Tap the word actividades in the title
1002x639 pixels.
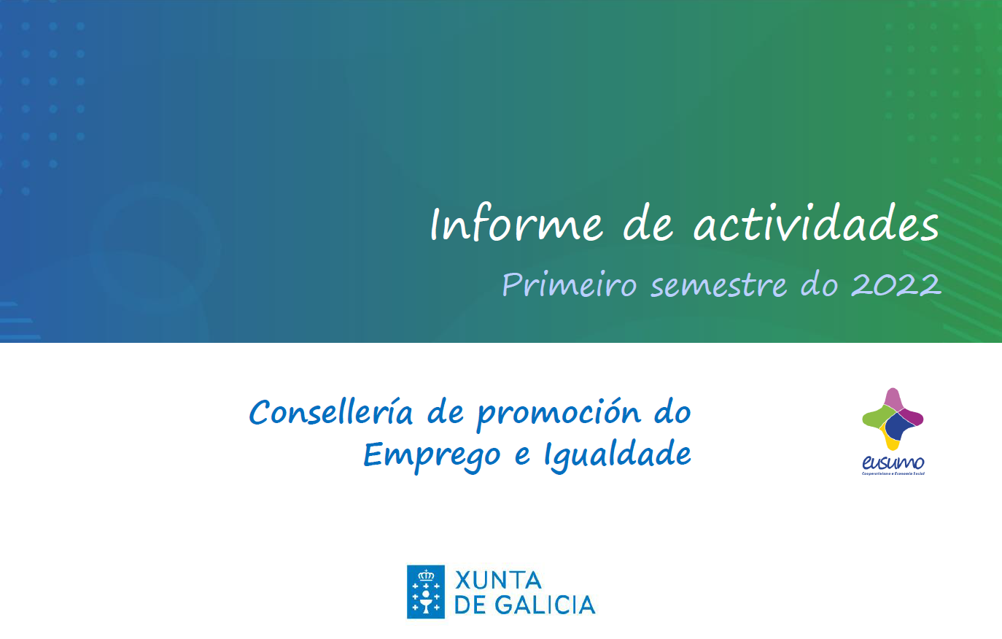pyautogui.click(x=815, y=224)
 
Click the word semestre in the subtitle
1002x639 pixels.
pyautogui.click(x=718, y=285)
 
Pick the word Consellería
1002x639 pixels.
pyautogui.click(x=331, y=412)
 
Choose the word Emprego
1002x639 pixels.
pyautogui.click(x=432, y=456)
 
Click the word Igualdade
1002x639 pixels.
pyautogui.click(x=617, y=456)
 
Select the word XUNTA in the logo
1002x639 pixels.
pyautogui.click(x=498, y=581)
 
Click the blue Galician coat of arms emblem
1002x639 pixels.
pyautogui.click(x=426, y=592)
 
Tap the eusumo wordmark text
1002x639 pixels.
pyautogui.click(x=893, y=462)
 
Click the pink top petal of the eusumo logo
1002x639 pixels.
pyautogui.click(x=893, y=399)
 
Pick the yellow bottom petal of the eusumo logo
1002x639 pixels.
pyautogui.click(x=891, y=441)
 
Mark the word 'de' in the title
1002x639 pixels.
pyautogui.click(x=648, y=224)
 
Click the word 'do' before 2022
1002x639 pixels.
pyautogui.click(x=819, y=284)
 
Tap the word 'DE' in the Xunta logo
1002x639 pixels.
pyautogui.click(x=470, y=605)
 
